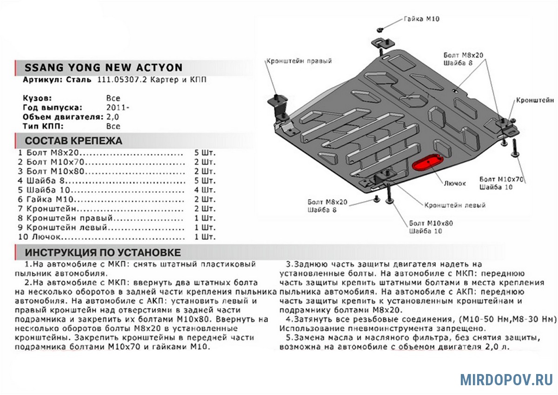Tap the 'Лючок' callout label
454,183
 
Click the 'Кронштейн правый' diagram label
299,61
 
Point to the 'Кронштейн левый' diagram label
455,205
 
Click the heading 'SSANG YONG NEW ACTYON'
103,68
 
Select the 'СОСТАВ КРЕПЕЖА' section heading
73,141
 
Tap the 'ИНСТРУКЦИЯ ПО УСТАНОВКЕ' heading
103,253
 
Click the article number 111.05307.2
122,80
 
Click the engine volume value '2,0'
113,116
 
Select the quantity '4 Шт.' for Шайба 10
206,190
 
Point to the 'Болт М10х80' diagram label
431,223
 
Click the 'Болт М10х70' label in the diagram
501,179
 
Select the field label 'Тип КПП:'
43,126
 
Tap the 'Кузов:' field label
37,98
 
